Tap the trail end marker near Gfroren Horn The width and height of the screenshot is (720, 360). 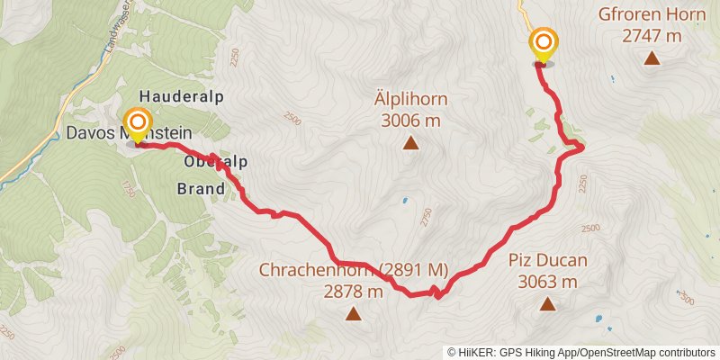(x=544, y=44)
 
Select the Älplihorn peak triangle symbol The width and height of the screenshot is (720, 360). (x=411, y=143)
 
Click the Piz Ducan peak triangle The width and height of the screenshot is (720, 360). (x=547, y=304)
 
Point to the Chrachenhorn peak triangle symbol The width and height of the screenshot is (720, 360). (x=353, y=314)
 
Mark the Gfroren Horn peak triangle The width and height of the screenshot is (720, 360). (x=651, y=59)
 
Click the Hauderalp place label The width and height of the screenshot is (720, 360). (x=181, y=95)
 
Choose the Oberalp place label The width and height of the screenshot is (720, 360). (x=215, y=162)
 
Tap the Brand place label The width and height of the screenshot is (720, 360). (x=201, y=189)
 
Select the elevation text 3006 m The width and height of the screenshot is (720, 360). (x=411, y=120)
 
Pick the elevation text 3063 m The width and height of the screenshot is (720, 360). (x=547, y=281)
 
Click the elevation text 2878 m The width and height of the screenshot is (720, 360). (x=353, y=291)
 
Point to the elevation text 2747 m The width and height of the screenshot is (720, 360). (x=651, y=36)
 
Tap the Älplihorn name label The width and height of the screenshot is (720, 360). (x=411, y=100)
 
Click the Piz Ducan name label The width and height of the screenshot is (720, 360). (x=547, y=261)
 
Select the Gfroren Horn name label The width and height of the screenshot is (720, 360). (x=651, y=15)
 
